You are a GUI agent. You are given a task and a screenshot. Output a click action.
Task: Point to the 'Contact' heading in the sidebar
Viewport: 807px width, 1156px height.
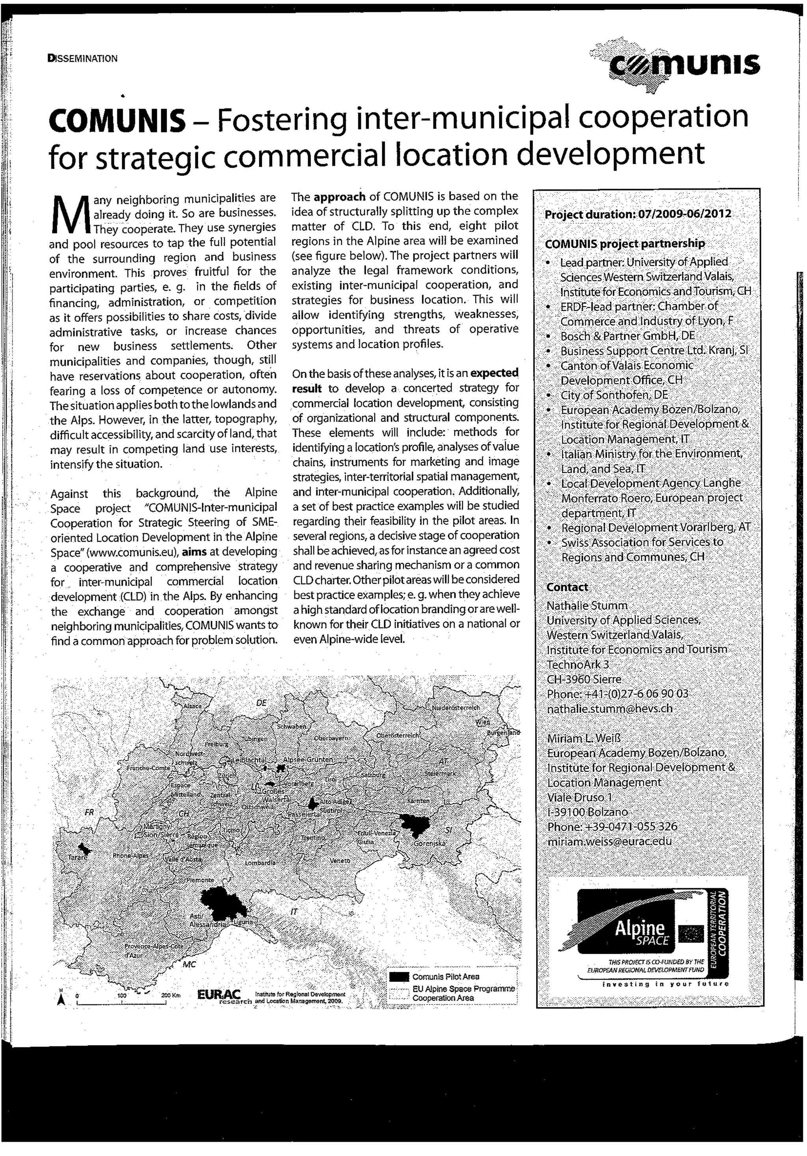tap(567, 587)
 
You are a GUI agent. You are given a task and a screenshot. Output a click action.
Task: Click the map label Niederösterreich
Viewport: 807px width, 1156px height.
tap(456, 707)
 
